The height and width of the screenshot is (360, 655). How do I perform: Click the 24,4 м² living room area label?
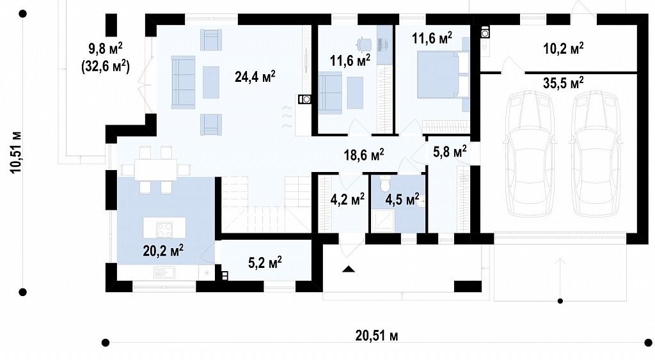(255, 77)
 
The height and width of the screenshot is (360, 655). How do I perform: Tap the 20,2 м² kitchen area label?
(163, 251)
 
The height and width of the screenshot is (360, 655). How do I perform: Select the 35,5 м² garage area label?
(563, 82)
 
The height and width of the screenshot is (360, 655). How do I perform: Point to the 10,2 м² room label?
(563, 48)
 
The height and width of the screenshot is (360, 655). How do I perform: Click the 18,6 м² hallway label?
(364, 155)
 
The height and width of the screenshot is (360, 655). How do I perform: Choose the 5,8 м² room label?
(450, 152)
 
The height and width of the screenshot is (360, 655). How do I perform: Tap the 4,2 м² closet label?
(347, 200)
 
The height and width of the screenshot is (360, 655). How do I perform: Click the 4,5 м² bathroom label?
(402, 200)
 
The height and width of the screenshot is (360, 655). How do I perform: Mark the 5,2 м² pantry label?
(265, 262)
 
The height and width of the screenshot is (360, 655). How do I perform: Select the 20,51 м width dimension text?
(376, 335)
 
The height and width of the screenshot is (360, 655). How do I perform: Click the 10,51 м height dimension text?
(16, 152)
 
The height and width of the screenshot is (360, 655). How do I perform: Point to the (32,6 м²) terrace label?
(105, 67)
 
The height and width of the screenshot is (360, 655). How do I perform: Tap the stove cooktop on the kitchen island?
(164, 230)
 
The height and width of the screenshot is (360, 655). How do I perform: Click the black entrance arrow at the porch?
(349, 269)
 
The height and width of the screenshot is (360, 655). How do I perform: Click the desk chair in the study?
(363, 43)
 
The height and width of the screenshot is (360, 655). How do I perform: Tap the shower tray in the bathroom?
(383, 221)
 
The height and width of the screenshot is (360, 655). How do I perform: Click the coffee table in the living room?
(211, 82)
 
